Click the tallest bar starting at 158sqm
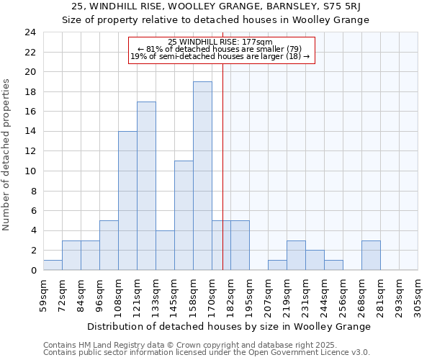point(202,176)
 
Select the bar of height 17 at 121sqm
point(146,186)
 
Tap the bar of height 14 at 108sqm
point(127,201)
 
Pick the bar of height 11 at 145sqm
point(184,215)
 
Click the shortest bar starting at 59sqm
point(53,265)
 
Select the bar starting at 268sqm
point(371,255)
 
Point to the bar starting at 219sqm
point(296,255)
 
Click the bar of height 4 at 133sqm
point(165,250)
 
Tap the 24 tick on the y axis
point(30,32)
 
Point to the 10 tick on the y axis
point(30,171)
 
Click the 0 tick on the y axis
point(33,270)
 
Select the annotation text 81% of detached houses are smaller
point(223,48)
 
